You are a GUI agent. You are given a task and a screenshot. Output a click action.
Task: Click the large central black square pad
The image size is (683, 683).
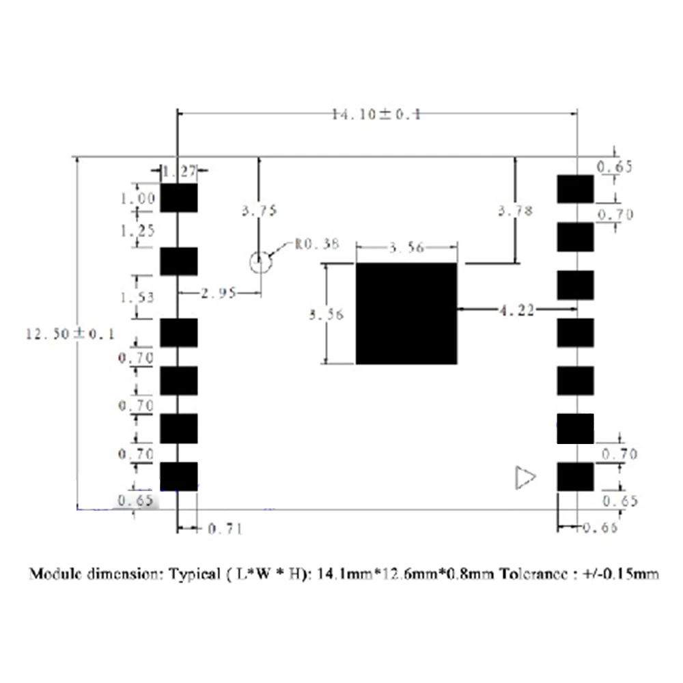(x=406, y=313)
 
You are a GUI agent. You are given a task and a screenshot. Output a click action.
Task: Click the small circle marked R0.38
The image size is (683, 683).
(x=260, y=262)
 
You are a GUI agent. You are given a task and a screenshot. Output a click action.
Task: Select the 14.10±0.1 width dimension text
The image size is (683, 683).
(x=376, y=115)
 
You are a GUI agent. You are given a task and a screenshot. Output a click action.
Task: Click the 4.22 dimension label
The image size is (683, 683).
(x=516, y=310)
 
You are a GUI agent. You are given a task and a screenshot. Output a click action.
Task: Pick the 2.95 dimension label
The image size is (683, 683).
(x=219, y=294)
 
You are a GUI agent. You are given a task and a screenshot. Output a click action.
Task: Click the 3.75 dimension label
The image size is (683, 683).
(x=259, y=211)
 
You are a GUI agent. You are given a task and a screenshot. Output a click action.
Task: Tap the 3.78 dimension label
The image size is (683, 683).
(x=516, y=211)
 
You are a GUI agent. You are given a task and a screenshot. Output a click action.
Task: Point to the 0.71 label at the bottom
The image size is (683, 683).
(x=225, y=528)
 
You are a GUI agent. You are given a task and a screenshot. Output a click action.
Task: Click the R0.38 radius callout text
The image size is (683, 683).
(x=316, y=244)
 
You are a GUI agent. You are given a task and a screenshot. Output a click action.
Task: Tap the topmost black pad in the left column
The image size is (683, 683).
(x=179, y=197)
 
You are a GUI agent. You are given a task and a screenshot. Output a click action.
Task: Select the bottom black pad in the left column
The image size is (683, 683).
(x=179, y=477)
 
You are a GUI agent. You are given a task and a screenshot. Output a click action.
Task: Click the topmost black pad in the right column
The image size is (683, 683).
(x=575, y=189)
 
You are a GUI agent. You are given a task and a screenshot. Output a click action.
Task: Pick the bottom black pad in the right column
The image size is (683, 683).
(x=575, y=477)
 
